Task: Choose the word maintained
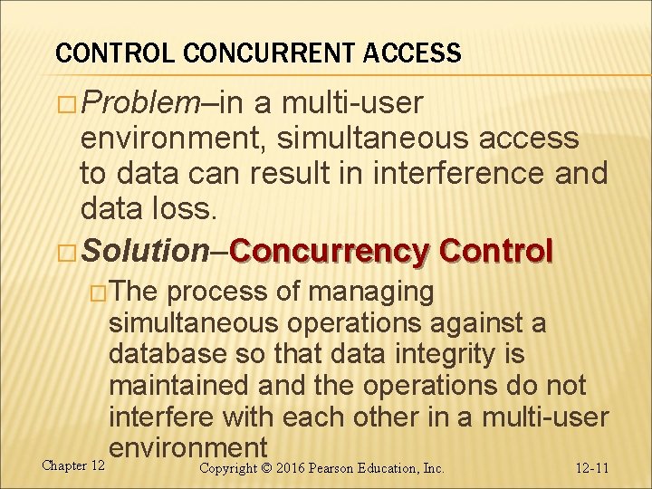click(179, 387)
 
